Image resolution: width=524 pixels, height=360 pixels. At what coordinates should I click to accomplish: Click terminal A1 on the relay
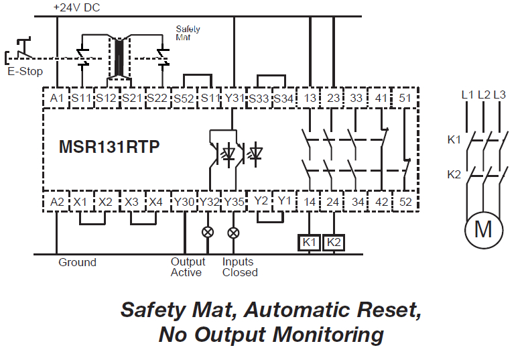click(x=56, y=99)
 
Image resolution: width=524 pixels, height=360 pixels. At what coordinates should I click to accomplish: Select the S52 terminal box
click(x=184, y=99)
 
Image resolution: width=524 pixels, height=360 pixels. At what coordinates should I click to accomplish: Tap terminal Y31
click(x=233, y=99)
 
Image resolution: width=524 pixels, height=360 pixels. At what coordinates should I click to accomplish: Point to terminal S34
click(x=284, y=99)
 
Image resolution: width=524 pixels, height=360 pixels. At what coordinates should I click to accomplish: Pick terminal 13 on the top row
click(x=310, y=99)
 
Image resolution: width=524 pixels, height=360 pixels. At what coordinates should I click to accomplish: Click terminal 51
click(x=405, y=99)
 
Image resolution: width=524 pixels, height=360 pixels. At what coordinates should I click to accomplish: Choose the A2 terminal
click(x=56, y=201)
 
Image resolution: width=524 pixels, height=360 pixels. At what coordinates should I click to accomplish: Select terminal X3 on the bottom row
click(x=132, y=201)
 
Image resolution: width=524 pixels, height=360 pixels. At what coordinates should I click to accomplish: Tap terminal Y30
click(x=184, y=201)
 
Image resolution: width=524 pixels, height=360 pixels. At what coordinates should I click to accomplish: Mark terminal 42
click(x=381, y=201)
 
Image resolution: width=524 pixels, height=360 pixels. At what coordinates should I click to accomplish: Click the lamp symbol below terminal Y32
click(x=208, y=233)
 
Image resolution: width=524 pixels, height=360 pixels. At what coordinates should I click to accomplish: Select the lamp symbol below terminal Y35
click(x=233, y=233)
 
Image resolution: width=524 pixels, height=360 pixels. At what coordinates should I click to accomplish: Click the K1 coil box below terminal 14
click(x=309, y=242)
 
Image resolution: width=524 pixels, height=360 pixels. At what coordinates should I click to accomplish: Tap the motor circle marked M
click(x=483, y=229)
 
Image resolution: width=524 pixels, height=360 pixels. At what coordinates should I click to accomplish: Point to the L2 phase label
click(x=483, y=95)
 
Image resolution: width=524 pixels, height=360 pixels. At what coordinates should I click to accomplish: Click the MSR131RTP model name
click(x=110, y=147)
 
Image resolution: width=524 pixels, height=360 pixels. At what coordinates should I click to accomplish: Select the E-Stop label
click(x=25, y=72)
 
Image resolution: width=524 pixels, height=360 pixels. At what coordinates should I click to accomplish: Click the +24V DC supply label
click(x=78, y=7)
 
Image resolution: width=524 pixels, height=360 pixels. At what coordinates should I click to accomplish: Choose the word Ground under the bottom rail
click(x=78, y=262)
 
